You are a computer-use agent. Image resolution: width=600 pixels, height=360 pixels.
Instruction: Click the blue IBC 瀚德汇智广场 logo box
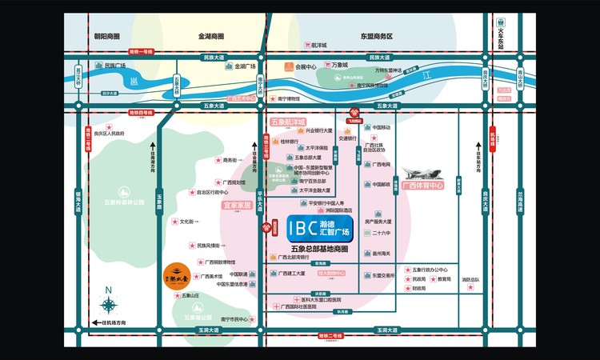click(326, 228)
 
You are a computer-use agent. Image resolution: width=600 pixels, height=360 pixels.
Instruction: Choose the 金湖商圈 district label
click(211, 36)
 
